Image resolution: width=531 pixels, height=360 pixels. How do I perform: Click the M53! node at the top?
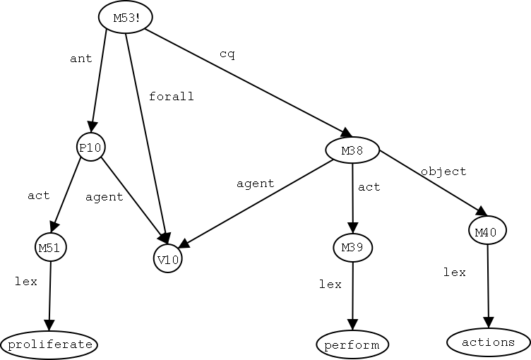pyautogui.click(x=125, y=18)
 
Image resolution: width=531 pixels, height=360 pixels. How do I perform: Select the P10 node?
pyautogui.click(x=90, y=148)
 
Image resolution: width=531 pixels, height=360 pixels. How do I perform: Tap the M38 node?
pyautogui.click(x=352, y=150)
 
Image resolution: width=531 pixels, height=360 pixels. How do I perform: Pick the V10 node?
pyautogui.click(x=168, y=259)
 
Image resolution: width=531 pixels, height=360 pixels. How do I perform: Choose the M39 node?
pyautogui.click(x=352, y=247)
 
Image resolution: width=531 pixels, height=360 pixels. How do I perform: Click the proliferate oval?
pyautogui.click(x=49, y=344)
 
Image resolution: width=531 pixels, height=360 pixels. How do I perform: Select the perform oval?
pyautogui.click(x=352, y=345)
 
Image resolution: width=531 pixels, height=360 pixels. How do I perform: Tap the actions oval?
pyautogui.click(x=488, y=342)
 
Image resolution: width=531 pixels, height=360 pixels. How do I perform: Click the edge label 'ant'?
pyautogui.click(x=81, y=59)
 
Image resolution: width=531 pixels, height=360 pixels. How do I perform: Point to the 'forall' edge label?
pyautogui.click(x=171, y=97)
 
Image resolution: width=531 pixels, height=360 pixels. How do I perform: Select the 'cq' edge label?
pyautogui.click(x=227, y=54)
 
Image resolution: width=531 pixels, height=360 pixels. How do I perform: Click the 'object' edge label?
pyautogui.click(x=443, y=171)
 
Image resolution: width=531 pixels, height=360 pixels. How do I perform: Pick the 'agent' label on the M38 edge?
pyautogui.click(x=255, y=184)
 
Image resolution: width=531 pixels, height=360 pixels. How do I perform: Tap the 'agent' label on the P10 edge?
pyautogui.click(x=104, y=197)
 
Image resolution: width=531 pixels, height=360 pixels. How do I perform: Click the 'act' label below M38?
pyautogui.click(x=369, y=187)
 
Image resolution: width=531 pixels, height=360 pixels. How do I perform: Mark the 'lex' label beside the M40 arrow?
pyautogui.click(x=454, y=272)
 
